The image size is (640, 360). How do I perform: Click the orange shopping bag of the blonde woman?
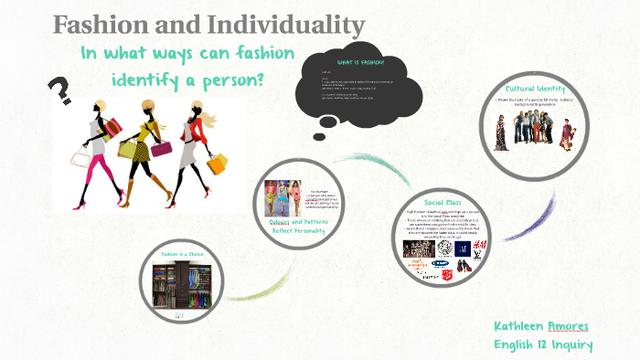click(217, 164)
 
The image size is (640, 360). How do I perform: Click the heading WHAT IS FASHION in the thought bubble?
click(360, 62)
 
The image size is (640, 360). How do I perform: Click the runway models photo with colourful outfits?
click(283, 197)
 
